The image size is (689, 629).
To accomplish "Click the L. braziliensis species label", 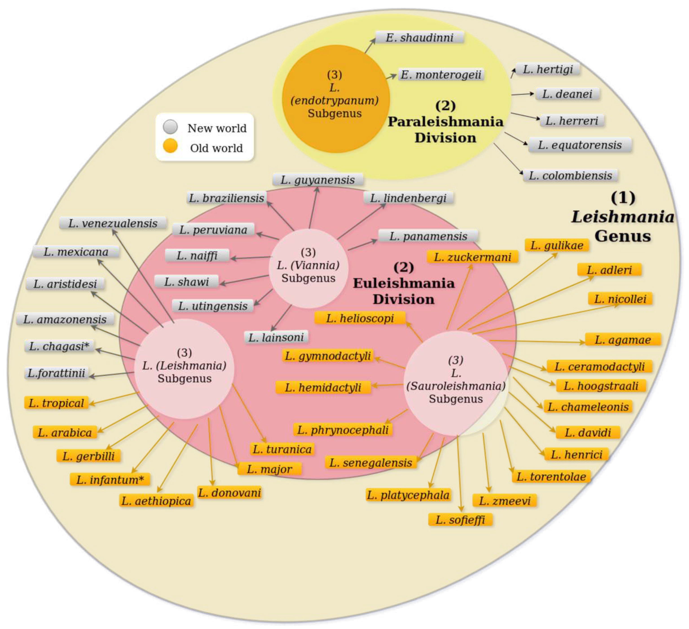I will (227, 198).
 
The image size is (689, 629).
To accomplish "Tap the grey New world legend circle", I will (170, 127).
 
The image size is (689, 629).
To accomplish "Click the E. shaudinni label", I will (419, 37).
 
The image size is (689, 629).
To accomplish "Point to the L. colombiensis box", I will (570, 176).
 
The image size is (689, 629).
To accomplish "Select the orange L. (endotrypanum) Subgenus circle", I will (335, 98).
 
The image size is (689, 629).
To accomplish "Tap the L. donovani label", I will (229, 493).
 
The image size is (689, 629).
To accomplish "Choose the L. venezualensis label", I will (113, 223).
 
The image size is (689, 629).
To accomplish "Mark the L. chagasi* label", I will (59, 346).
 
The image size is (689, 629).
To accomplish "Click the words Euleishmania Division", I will (404, 291).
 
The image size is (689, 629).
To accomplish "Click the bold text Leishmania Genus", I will (623, 226).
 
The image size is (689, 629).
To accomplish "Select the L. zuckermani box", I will (472, 257).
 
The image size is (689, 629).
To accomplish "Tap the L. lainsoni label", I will (276, 338).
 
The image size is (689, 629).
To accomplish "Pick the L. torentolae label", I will (551, 476).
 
